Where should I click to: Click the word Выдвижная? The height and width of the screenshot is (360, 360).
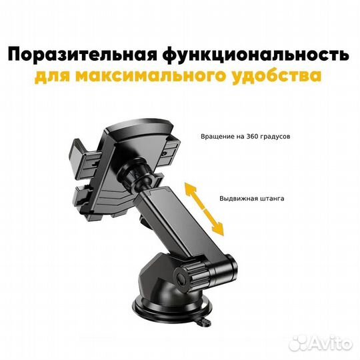(x=239, y=198)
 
